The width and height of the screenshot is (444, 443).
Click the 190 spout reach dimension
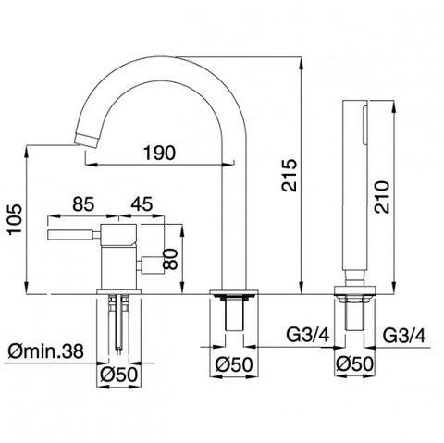159,153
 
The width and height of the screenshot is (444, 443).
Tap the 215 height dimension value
290,175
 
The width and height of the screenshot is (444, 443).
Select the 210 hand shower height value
382,197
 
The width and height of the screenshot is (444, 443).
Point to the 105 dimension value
15,219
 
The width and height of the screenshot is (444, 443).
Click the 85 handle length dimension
83,204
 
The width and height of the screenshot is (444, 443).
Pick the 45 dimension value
142,204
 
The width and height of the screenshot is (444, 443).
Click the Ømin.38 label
45,351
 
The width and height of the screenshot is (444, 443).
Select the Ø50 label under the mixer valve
118,375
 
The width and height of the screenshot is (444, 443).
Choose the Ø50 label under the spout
234,364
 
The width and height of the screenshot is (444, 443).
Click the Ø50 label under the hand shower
354,364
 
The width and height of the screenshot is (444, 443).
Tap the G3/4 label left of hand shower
308,335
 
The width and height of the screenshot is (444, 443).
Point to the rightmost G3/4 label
404,335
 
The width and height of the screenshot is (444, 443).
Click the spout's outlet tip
87,142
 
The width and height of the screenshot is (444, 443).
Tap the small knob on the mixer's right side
150,265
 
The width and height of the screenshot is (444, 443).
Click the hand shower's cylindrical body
354,184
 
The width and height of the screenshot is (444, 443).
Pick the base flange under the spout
234,292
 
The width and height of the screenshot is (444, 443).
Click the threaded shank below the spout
235,314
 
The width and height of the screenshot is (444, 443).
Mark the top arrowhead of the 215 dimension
301,62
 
